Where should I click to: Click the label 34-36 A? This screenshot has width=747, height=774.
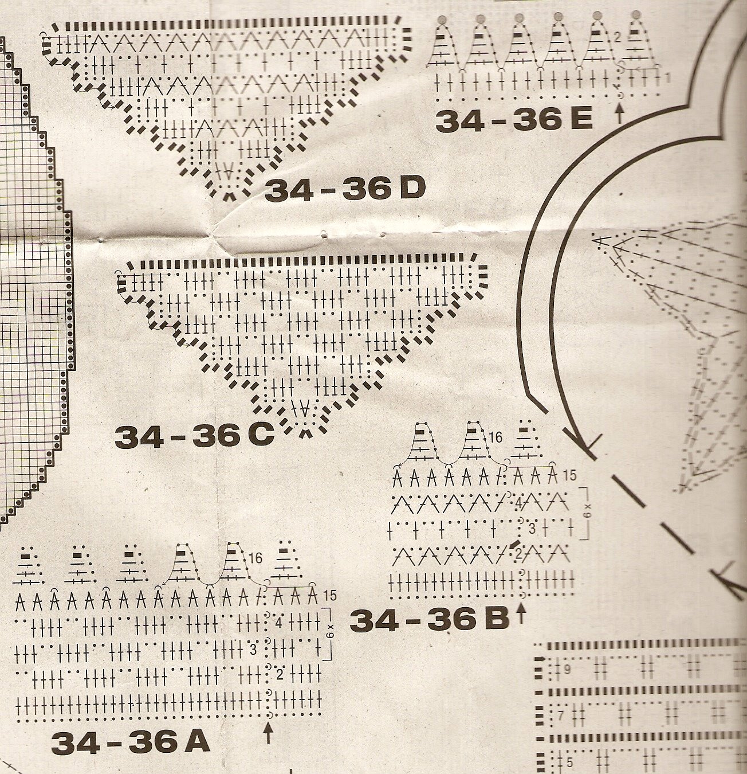(131, 743)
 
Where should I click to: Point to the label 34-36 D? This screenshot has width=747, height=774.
(345, 189)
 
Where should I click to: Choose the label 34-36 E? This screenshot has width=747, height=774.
(514, 120)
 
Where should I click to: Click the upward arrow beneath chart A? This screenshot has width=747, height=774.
(268, 733)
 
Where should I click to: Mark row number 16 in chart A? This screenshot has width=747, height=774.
(255, 558)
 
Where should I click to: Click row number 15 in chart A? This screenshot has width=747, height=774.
(329, 595)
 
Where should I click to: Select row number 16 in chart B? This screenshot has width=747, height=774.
(496, 438)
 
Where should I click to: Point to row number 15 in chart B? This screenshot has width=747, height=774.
(569, 475)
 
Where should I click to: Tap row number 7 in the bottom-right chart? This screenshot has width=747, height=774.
(561, 716)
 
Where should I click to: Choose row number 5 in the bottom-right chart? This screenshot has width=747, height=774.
(569, 763)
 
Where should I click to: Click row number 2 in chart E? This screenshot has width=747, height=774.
(618, 38)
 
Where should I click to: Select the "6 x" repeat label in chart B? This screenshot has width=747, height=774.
(587, 513)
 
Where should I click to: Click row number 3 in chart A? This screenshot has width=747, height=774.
(253, 650)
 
